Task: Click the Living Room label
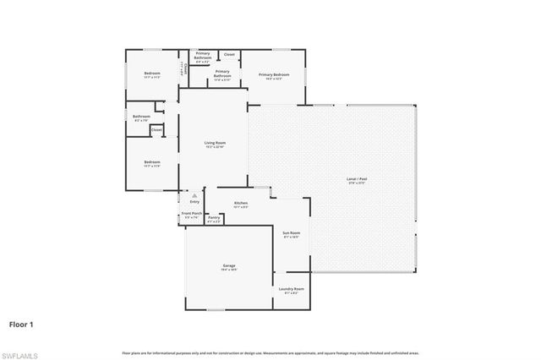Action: (x=214, y=143)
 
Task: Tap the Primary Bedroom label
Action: (x=274, y=74)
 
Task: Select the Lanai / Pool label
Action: (x=357, y=179)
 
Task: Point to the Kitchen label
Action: (x=241, y=204)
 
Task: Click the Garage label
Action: (x=228, y=265)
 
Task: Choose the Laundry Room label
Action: (x=292, y=289)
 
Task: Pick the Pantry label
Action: (x=214, y=218)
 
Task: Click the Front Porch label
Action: (x=191, y=214)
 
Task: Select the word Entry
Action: (x=194, y=201)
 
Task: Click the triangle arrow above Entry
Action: (x=194, y=194)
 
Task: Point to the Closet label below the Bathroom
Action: (x=156, y=130)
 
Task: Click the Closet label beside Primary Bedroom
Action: (x=229, y=55)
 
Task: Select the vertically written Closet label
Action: (x=186, y=71)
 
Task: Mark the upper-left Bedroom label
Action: (x=152, y=74)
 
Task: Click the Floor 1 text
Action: (x=22, y=323)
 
